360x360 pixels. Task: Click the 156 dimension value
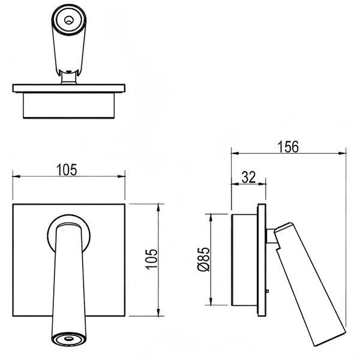289,146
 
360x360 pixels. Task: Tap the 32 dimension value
248,177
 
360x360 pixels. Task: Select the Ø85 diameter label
203,259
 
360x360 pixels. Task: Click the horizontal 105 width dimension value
67,170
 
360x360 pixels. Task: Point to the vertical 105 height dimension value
152,259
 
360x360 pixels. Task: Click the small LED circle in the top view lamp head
68,20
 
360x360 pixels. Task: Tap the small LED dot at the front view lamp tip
68,338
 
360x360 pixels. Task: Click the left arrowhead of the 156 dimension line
235,153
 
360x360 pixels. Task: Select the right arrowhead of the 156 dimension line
342,153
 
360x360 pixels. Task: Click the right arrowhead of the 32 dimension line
262,184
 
